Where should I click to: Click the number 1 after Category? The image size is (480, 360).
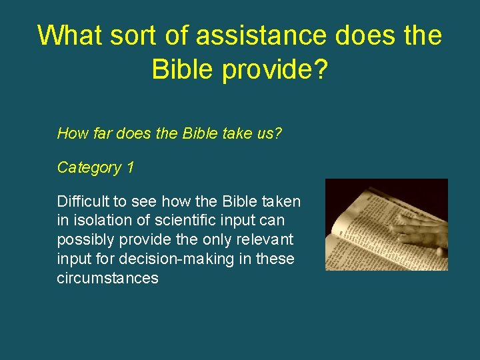click(130, 167)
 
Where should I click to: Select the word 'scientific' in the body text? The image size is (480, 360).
click(175, 221)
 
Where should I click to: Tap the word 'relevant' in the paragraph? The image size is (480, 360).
click(265, 239)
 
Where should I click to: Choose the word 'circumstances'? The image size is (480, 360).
click(107, 278)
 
